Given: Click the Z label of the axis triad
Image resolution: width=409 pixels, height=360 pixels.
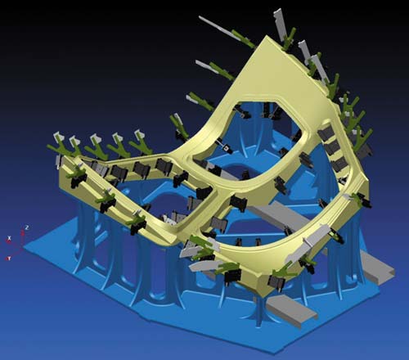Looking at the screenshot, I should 28,228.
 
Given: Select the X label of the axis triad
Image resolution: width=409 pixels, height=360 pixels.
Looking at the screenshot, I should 10,238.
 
